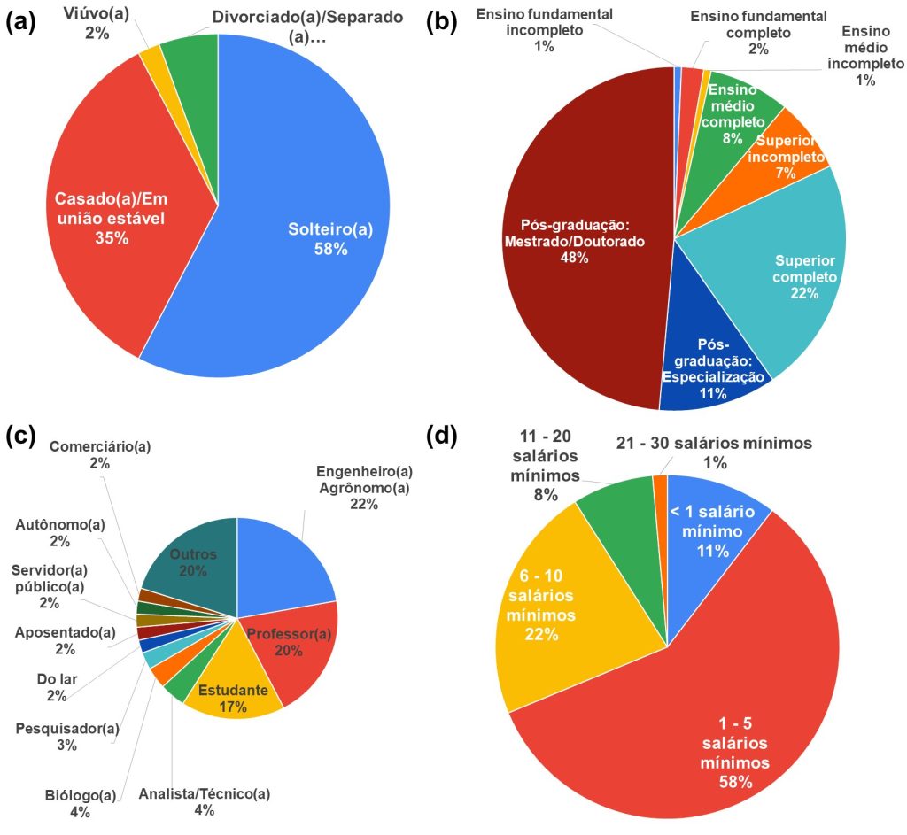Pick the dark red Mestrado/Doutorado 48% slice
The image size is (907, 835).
(x=576, y=239)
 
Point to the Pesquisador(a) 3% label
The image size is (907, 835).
(x=67, y=736)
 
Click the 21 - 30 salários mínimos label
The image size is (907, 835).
(x=714, y=452)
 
